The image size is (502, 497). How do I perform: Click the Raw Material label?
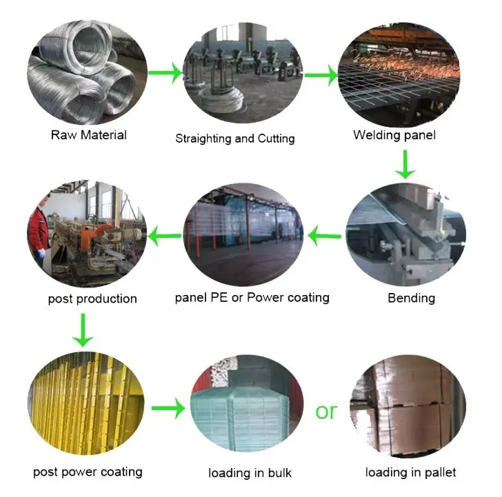(89, 135)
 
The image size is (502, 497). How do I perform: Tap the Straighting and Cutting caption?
(234, 139)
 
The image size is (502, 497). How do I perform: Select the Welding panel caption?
(394, 135)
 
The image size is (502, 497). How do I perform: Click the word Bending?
(411, 298)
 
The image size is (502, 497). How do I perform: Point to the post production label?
(92, 298)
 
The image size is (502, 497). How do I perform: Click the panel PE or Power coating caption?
(252, 298)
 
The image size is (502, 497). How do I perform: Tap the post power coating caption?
(88, 472)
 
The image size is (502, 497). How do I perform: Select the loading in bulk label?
(250, 473)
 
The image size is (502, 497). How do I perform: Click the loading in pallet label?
(410, 472)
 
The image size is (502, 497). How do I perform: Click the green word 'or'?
(326, 411)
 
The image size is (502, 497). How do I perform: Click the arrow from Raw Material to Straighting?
(165, 73)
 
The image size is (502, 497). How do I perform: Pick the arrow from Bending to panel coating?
(324, 237)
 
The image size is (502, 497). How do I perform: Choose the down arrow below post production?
(83, 329)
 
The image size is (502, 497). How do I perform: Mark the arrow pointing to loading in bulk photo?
(168, 409)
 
